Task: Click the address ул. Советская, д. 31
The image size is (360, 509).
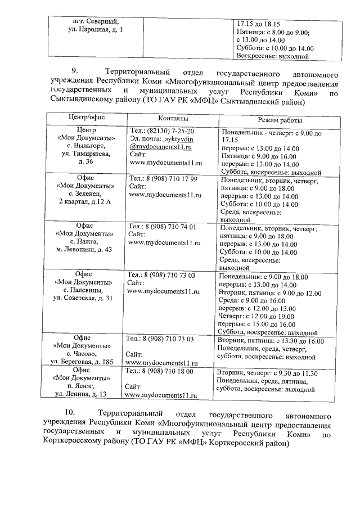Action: coord(83,298)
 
